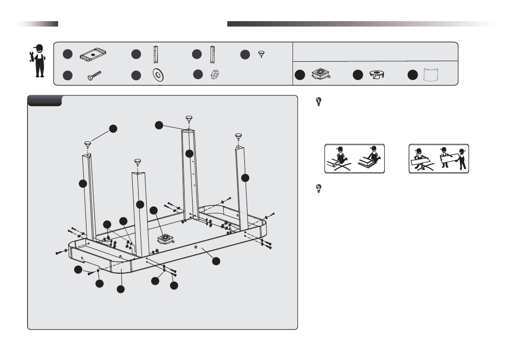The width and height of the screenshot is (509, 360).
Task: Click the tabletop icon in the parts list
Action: coord(94,54)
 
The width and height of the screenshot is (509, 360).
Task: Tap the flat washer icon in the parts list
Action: coord(158,75)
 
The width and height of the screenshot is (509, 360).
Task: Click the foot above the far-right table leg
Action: coord(239,136)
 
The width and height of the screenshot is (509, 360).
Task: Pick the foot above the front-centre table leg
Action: coord(137,162)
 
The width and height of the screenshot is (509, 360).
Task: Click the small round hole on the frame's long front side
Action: coord(196,247)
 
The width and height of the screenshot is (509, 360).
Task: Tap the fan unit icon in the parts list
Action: coord(321,75)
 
